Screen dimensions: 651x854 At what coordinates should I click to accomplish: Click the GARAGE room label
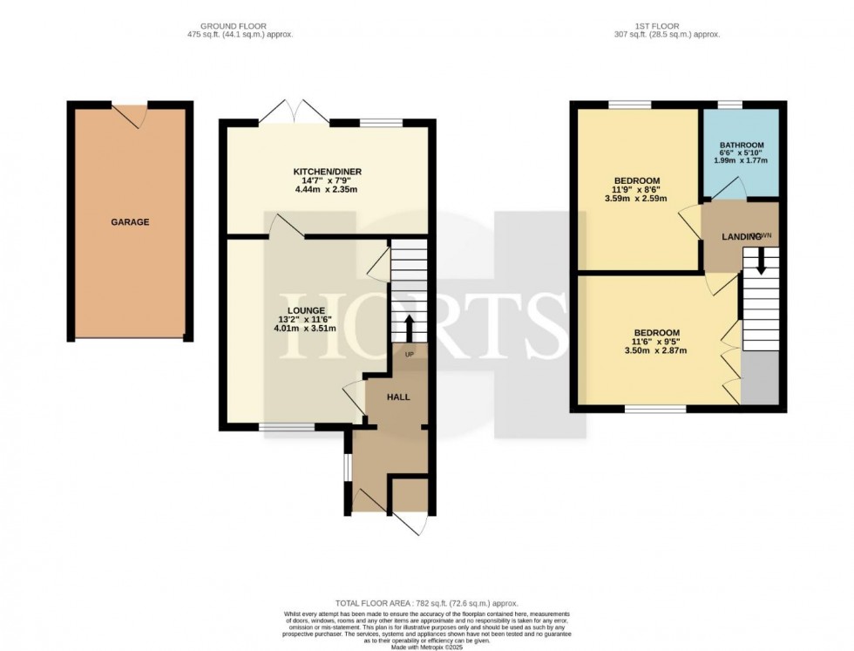point(130,222)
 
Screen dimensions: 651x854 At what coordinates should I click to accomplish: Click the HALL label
point(398,397)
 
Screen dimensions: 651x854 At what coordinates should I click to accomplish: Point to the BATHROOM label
point(742,145)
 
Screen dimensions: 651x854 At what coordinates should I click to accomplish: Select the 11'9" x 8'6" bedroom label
point(636,180)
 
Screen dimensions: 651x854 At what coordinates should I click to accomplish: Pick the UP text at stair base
point(409,355)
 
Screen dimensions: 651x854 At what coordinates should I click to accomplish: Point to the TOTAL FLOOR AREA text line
point(427,603)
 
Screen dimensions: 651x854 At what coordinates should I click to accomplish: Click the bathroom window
point(730,105)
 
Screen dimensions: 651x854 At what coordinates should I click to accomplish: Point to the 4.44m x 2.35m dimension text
point(327,188)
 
